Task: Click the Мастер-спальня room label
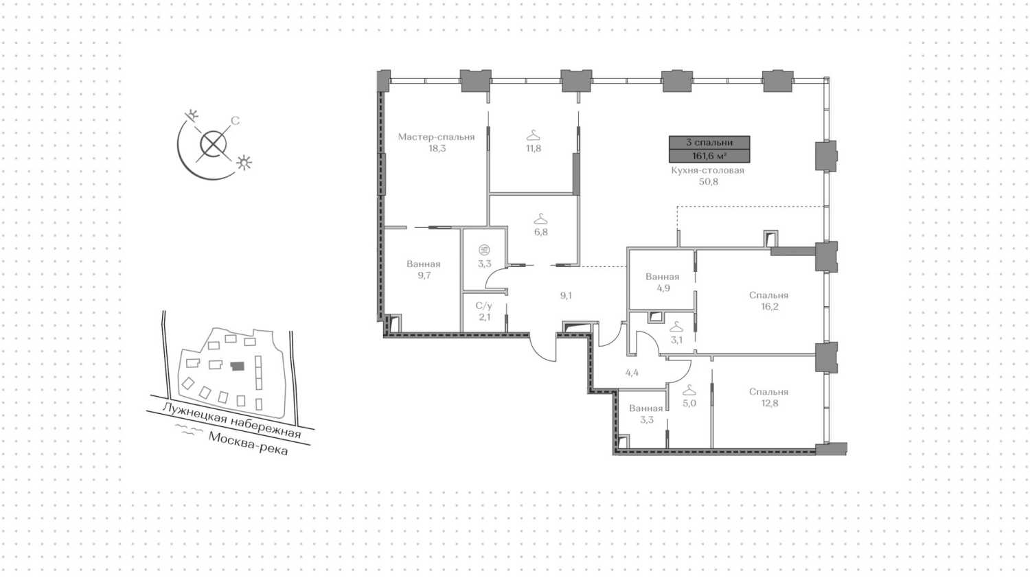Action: coord(436,137)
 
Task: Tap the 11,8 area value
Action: coord(534,148)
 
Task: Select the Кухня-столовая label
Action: coord(708,171)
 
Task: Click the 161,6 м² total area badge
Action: coord(709,156)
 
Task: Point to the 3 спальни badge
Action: coord(709,143)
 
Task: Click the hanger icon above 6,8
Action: coord(540,219)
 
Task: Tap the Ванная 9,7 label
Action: coord(424,270)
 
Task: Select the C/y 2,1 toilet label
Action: coord(484,311)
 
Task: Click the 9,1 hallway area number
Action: coord(566,296)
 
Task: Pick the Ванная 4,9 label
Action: coord(663,283)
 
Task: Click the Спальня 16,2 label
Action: coord(769,301)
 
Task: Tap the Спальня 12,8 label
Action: coord(769,397)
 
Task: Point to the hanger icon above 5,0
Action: coord(689,391)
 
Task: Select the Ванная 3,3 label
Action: coord(646,414)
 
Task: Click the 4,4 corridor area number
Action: coord(632,373)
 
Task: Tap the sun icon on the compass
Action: coord(244,163)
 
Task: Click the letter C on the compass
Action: coord(235,121)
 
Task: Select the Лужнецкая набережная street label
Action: coord(232,421)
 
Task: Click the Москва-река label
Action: coord(249,443)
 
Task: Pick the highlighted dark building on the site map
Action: coord(238,366)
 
